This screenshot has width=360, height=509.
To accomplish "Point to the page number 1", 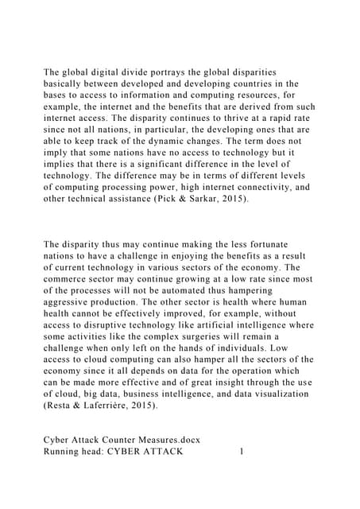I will click(x=241, y=452).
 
